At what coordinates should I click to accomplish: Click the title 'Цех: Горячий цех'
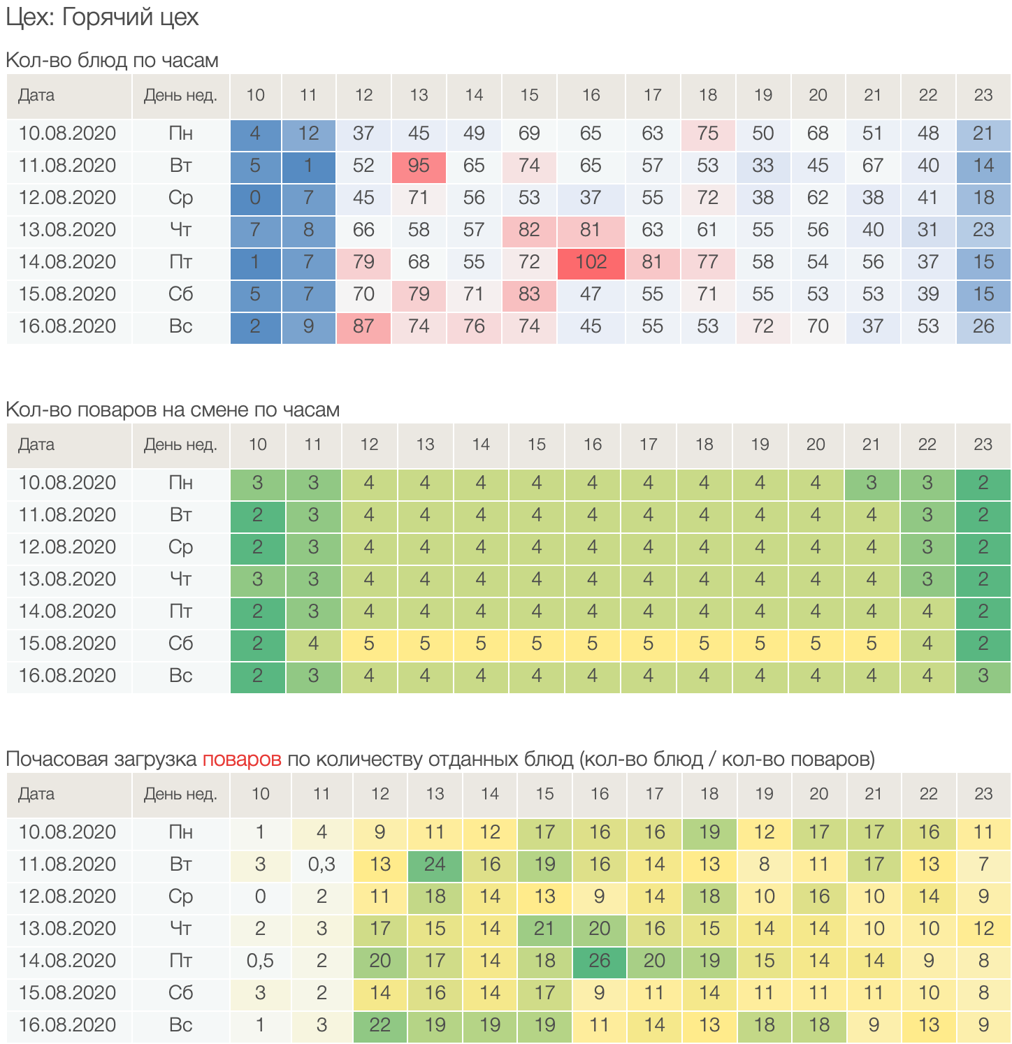[x=102, y=17]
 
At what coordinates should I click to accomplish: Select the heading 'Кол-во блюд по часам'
[x=112, y=60]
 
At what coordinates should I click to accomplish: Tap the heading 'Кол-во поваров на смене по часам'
[x=173, y=409]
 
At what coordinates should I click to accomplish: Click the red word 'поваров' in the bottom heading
[x=242, y=759]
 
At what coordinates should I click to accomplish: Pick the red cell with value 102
[x=591, y=262]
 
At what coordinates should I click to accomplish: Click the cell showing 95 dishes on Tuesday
[x=419, y=166]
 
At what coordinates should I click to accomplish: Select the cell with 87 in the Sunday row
[x=363, y=326]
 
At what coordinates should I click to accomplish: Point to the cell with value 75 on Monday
[x=707, y=133]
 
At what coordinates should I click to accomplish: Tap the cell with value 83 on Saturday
[x=529, y=294]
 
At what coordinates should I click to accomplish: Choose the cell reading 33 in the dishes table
[x=762, y=166]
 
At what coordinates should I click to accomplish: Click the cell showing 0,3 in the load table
[x=321, y=864]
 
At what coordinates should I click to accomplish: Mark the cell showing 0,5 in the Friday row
[x=260, y=961]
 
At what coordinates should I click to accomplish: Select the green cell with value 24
[x=435, y=864]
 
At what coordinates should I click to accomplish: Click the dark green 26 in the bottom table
[x=600, y=961]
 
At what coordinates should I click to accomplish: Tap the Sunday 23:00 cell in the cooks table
[x=983, y=676]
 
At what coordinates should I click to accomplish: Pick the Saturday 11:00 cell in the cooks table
[x=313, y=644]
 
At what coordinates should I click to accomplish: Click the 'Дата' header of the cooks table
[x=36, y=444]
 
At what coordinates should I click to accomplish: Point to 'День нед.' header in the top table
[x=180, y=95]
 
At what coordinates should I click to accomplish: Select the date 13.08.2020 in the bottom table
[x=67, y=929]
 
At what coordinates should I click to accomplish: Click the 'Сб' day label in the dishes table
[x=180, y=294]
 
